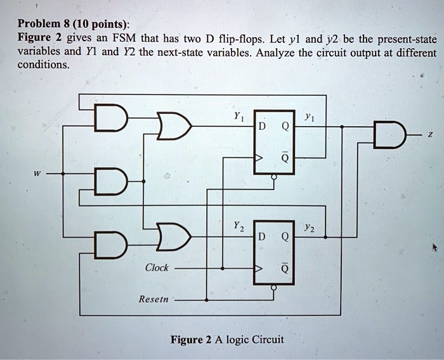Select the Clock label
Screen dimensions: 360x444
(x=157, y=267)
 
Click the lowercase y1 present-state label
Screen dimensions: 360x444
(x=309, y=118)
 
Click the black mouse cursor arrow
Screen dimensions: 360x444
(x=434, y=248)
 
